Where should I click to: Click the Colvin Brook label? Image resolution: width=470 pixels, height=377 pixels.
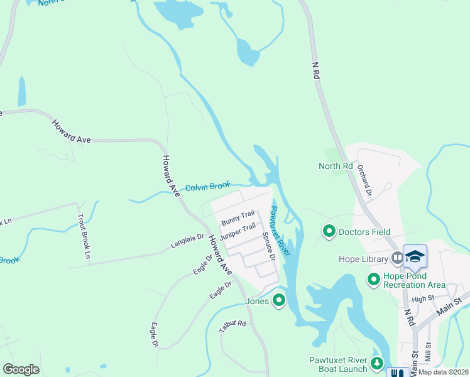pyautogui.click(x=207, y=187)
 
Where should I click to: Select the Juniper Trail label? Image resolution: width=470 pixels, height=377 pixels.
pyautogui.click(x=238, y=231)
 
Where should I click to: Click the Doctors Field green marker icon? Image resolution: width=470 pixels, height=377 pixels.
pyautogui.click(x=329, y=232)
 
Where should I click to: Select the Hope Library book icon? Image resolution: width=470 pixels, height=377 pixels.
pyautogui.click(x=397, y=258)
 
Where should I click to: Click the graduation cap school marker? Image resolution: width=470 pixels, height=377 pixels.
pyautogui.click(x=415, y=256)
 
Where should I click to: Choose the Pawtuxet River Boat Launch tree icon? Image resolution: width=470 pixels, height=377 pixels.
pyautogui.click(x=376, y=364)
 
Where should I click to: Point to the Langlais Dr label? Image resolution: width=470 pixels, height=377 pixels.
pyautogui.click(x=187, y=241)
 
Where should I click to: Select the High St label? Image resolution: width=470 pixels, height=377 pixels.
pyautogui.click(x=423, y=298)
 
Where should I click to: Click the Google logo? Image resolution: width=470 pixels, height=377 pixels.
pyautogui.click(x=21, y=369)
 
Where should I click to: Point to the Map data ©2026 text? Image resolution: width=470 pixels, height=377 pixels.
pyautogui.click(x=443, y=372)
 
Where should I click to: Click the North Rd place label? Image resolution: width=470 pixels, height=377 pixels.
pyautogui.click(x=336, y=166)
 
